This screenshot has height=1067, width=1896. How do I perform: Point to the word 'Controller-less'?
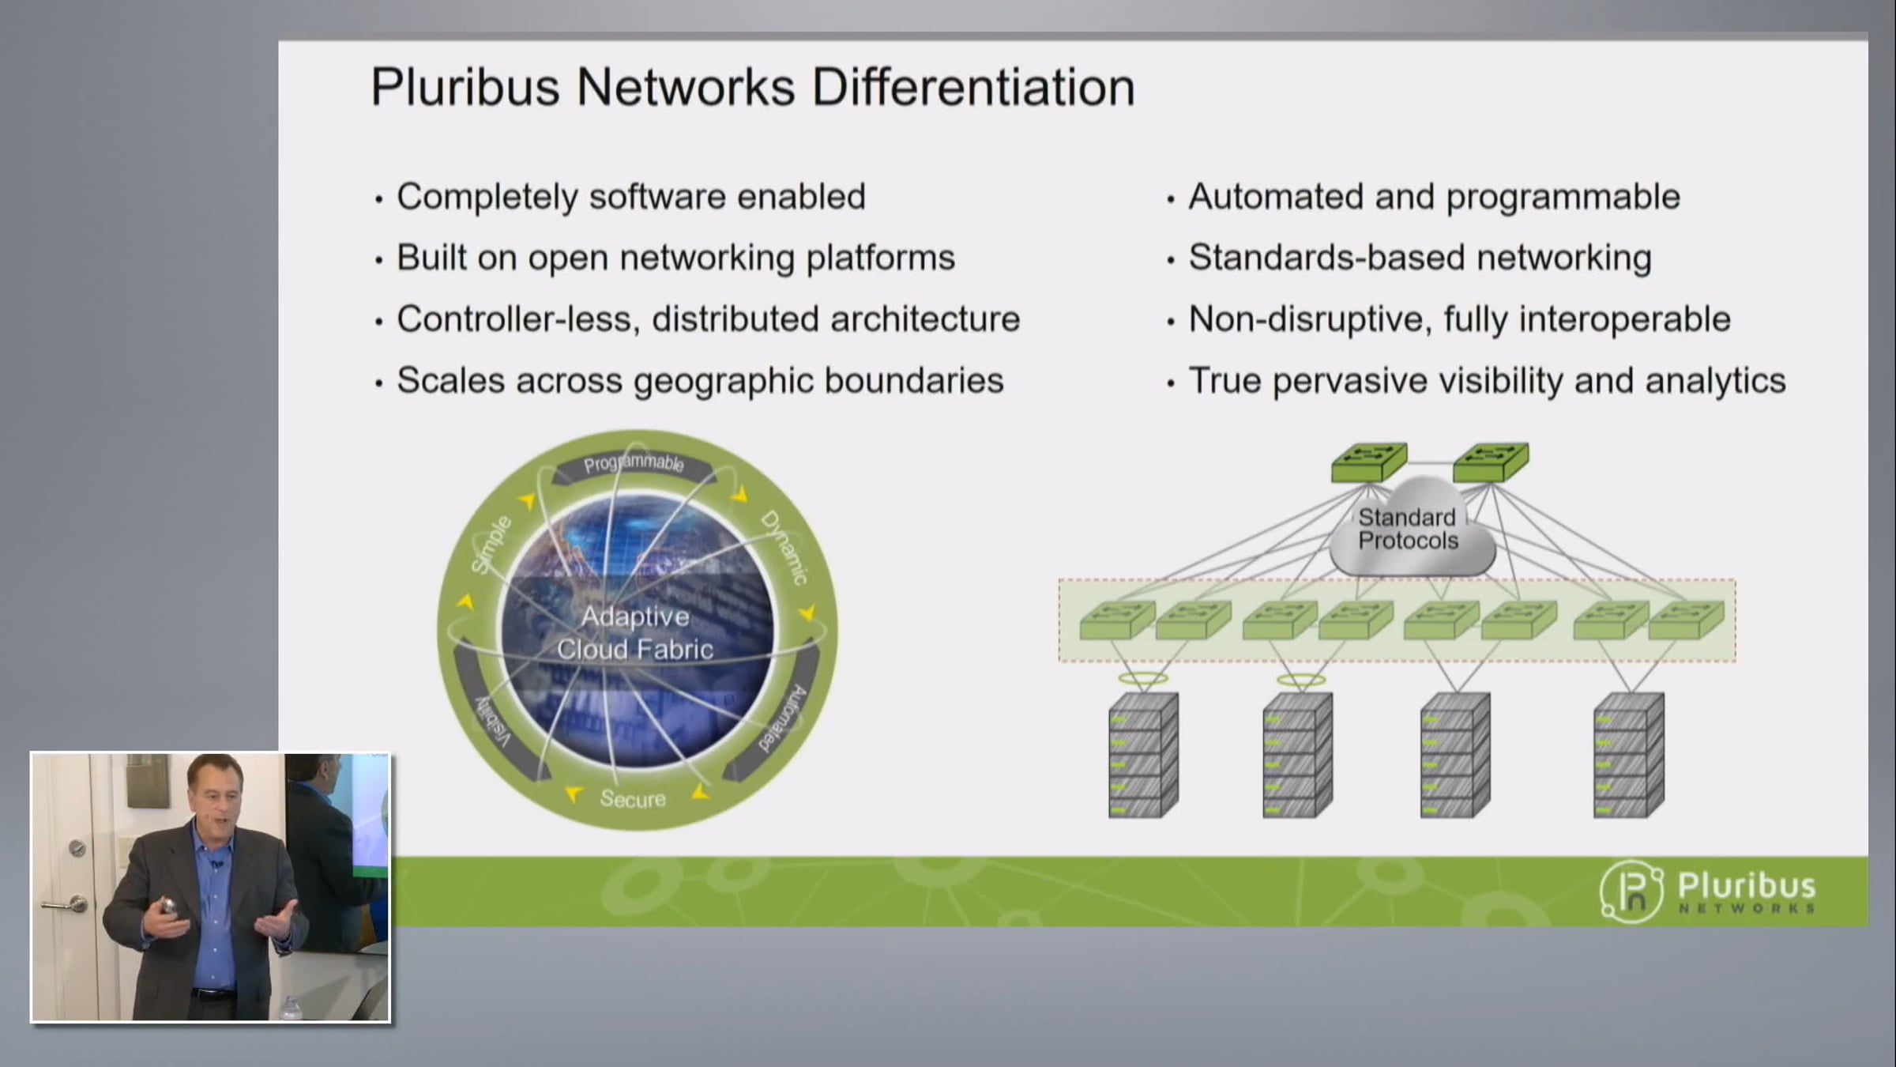tap(518, 319)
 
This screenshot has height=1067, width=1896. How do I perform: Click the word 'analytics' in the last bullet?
tap(1715, 381)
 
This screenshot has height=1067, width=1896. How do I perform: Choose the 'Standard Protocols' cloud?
tap(1411, 527)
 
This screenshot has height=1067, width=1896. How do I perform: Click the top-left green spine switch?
tap(1369, 462)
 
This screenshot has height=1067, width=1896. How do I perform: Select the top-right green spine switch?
tap(1491, 462)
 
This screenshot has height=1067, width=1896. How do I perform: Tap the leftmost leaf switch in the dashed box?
tap(1117, 620)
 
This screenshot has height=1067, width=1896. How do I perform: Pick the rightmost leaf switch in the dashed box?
tap(1687, 620)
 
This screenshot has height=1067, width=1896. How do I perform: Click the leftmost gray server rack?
tap(1143, 755)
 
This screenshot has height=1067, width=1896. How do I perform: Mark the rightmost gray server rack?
tap(1629, 755)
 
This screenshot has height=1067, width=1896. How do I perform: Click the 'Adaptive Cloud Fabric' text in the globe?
tap(635, 633)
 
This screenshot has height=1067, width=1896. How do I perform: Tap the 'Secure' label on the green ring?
tap(633, 798)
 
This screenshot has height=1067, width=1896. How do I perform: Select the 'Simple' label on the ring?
tap(491, 544)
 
